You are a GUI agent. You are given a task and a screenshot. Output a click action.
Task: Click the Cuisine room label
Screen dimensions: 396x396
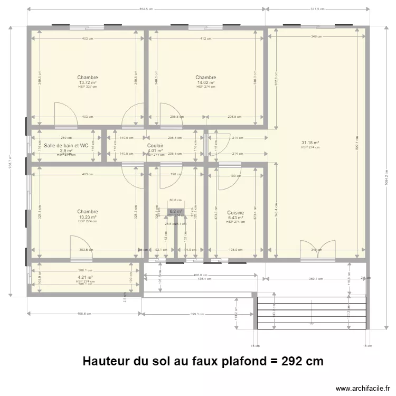235,212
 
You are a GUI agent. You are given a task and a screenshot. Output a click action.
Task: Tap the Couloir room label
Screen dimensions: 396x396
155,145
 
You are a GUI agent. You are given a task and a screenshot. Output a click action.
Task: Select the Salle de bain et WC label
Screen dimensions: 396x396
67,145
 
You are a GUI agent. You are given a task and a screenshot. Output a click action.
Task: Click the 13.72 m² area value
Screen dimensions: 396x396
88,82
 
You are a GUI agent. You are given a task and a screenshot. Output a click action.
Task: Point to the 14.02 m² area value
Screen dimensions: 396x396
206,82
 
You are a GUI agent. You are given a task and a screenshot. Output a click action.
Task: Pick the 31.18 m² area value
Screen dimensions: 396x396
310,143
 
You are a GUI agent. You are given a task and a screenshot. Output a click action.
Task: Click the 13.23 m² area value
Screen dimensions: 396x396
88,217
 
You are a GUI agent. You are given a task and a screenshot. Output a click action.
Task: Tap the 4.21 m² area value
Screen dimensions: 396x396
85,277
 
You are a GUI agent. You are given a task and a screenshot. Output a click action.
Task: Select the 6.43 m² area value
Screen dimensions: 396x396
235,218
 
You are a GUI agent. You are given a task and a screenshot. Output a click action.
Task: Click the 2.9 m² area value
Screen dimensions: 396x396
66,150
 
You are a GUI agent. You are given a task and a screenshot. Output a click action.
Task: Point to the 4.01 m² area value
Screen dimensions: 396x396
155,150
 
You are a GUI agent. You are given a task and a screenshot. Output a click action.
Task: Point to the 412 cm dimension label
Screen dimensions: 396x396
206,38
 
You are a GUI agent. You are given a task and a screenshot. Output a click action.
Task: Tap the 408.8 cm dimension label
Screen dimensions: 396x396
85,314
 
